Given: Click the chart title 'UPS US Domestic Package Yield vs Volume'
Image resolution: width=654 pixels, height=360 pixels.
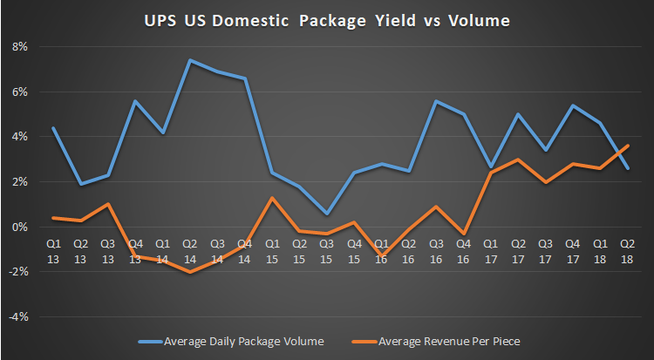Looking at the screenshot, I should (326, 19).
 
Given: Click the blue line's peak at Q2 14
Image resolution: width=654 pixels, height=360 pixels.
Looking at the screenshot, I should (190, 60).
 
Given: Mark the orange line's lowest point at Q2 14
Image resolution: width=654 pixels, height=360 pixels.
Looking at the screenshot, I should (190, 272).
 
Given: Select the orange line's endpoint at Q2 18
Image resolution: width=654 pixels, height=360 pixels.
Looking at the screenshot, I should (626, 146).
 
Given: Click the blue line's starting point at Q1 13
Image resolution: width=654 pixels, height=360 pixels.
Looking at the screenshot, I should (53, 128).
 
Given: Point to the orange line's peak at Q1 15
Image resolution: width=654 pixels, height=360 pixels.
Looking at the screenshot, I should (272, 198).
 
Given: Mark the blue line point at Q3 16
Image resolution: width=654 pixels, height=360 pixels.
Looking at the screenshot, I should (435, 101).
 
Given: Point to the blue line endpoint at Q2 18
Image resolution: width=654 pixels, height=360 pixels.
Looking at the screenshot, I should (626, 168).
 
